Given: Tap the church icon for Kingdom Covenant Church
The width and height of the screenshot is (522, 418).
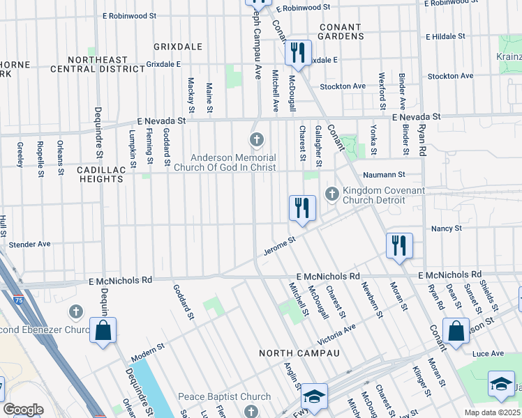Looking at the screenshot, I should pyautogui.click(x=331, y=193).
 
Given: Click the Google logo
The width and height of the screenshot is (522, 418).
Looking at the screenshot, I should pyautogui.click(x=23, y=410).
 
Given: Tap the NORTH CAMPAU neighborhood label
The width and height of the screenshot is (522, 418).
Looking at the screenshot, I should pyautogui.click(x=299, y=353).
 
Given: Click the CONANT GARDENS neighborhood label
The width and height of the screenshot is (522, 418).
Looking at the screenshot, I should pyautogui.click(x=341, y=31).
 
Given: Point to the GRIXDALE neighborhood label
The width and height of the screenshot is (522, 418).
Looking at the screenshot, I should pyautogui.click(x=179, y=47).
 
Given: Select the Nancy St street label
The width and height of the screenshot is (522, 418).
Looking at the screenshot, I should pyautogui.click(x=447, y=228).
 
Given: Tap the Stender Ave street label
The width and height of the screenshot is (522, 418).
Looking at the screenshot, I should pyautogui.click(x=29, y=245).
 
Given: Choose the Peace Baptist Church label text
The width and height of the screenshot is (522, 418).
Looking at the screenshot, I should pyautogui.click(x=224, y=397).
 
